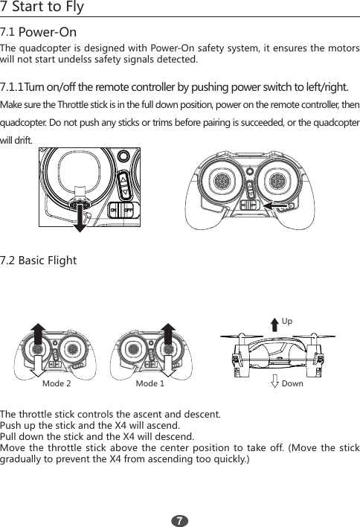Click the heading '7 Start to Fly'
click(x=42, y=8)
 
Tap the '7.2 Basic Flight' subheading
click(x=38, y=261)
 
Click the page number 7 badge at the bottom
click(x=180, y=517)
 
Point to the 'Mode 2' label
click(x=57, y=384)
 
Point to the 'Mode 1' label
click(x=150, y=384)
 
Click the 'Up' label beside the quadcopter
click(x=286, y=322)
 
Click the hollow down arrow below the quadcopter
click(x=275, y=382)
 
